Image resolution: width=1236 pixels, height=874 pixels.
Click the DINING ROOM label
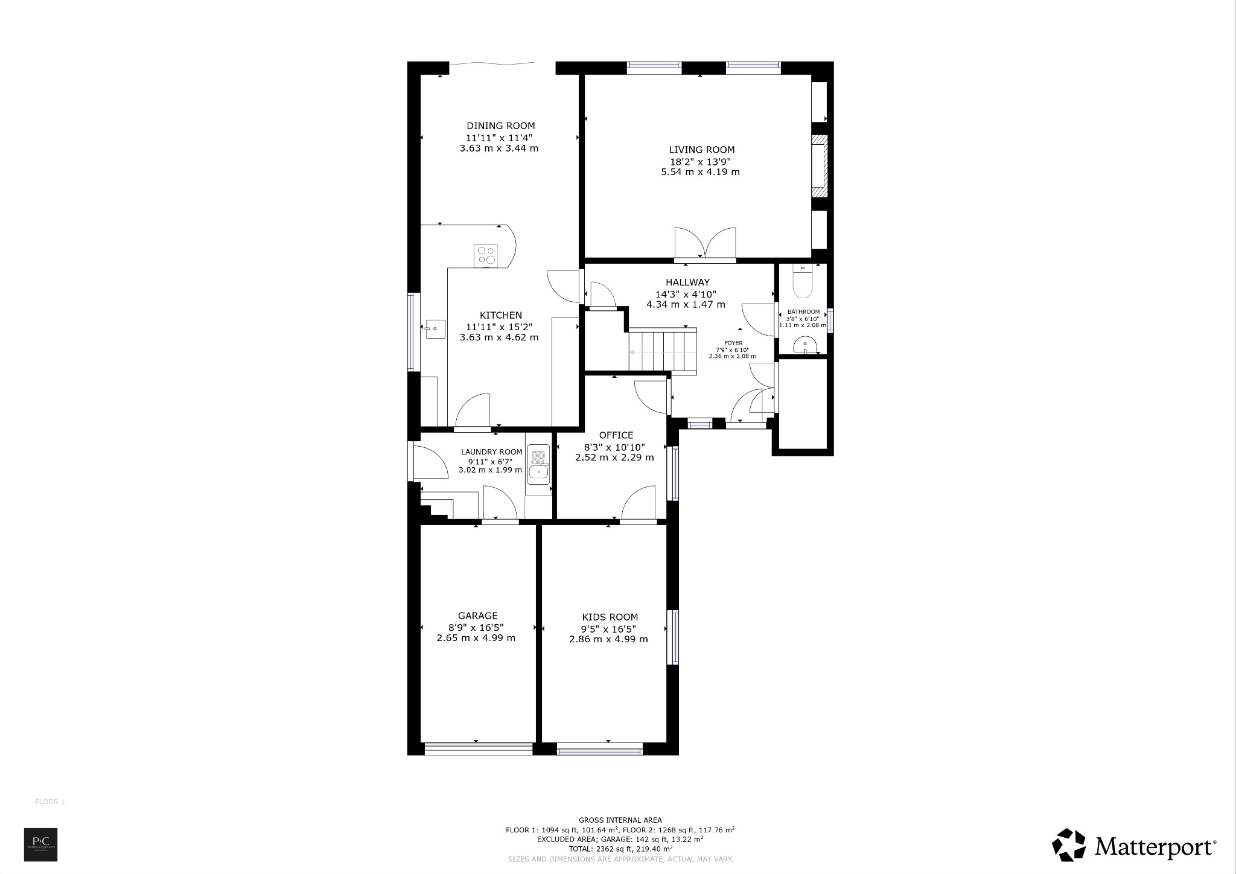500,126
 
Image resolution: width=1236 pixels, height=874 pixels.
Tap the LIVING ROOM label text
701,150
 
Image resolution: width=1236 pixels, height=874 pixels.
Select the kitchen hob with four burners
486,255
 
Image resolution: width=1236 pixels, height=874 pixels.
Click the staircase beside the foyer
663,351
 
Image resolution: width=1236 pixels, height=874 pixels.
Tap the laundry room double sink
538,465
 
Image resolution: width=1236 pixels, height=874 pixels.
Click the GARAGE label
477,616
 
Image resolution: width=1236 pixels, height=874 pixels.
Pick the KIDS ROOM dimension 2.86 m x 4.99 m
608,639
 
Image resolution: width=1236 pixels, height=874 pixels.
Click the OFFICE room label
616,435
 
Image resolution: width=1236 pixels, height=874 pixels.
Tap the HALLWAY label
687,282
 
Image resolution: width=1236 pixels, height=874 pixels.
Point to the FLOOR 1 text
50,802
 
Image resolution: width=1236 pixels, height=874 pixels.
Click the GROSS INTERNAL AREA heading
620,820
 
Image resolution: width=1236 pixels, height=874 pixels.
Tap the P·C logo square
40,844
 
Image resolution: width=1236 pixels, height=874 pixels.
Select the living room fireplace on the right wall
819,167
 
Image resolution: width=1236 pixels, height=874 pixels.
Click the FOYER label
733,343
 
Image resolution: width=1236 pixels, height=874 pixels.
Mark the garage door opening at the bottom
478,749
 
